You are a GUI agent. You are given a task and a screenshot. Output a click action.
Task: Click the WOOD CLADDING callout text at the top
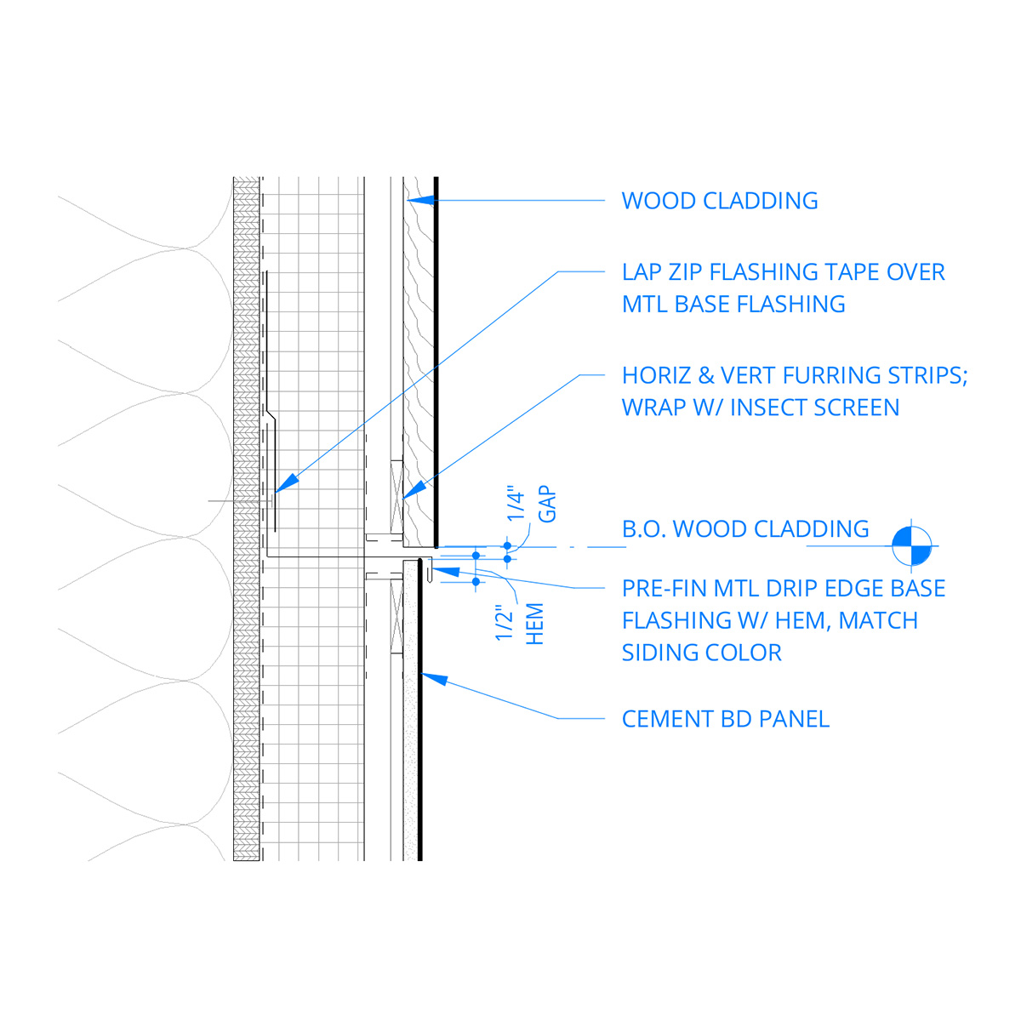720,201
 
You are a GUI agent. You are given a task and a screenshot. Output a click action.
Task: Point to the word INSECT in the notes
769,408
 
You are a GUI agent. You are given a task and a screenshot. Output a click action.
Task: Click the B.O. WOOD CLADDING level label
745,529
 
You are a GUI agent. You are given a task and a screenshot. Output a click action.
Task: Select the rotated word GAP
547,505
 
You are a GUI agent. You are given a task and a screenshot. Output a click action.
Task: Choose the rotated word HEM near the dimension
535,624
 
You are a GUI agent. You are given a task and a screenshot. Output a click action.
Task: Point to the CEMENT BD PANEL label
725,719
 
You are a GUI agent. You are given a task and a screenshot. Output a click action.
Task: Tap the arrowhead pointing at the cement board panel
434,679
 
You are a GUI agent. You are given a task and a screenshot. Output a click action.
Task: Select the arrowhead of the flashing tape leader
287,482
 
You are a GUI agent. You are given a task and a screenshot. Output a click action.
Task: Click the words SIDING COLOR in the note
701,653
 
